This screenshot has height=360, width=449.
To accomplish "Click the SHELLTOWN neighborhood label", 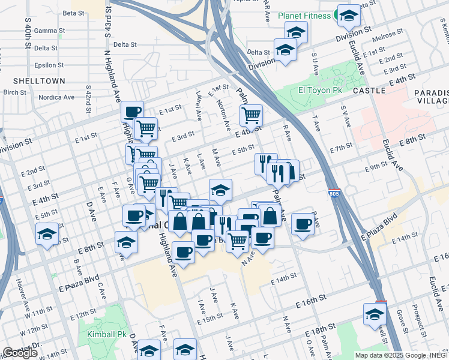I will pos(34,80).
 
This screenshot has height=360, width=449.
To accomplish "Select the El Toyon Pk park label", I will pos(320,90).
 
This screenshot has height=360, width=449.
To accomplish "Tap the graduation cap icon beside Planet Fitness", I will pos(348,16).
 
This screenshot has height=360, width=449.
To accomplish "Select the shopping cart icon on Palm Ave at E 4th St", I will pos(251,115).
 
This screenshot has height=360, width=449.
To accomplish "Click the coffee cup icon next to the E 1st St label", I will pos(132,111).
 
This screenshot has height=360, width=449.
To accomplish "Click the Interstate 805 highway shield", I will pos(334,194).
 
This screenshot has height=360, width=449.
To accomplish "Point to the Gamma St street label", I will pos(46,31).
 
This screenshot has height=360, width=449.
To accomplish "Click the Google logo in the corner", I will pos(20,353).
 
